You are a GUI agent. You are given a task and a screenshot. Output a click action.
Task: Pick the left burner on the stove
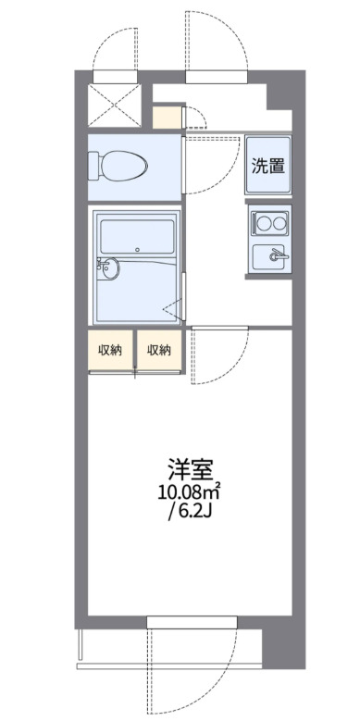[x=262, y=222]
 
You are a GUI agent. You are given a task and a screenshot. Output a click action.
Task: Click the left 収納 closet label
[x=111, y=350]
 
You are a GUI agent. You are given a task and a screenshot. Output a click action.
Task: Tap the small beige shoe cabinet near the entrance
[x=168, y=118]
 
